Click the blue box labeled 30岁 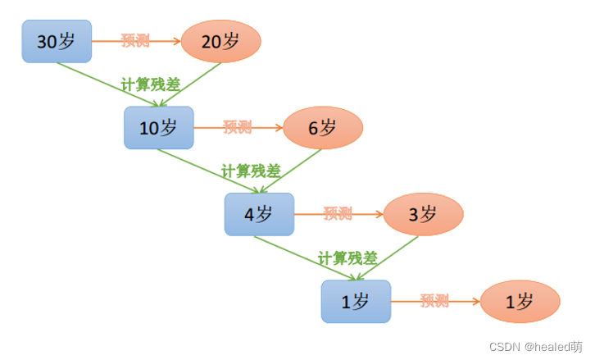click(x=56, y=40)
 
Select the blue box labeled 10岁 click(x=158, y=128)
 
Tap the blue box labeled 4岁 click(x=258, y=214)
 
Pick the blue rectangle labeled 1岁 click(x=355, y=301)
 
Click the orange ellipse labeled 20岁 click(x=220, y=40)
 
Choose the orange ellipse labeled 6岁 click(x=322, y=127)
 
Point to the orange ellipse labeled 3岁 click(x=423, y=214)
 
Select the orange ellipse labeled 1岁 click(x=520, y=301)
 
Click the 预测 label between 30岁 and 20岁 click(x=134, y=39)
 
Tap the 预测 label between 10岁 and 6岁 click(x=237, y=127)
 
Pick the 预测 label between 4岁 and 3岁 click(x=338, y=214)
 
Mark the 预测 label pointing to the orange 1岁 click(x=434, y=301)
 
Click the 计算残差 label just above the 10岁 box click(x=151, y=84)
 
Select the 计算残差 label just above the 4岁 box click(x=251, y=171)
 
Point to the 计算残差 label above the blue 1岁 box click(x=347, y=257)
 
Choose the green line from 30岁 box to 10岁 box click(x=98, y=80)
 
